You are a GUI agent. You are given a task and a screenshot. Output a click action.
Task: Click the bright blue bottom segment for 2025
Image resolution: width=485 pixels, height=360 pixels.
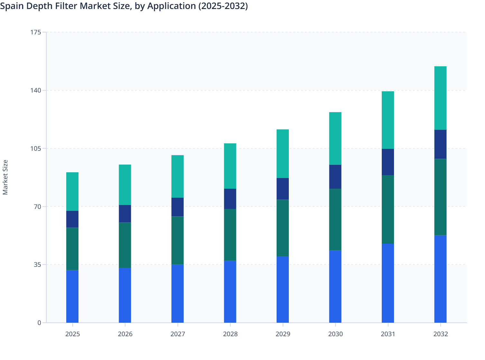[72, 296]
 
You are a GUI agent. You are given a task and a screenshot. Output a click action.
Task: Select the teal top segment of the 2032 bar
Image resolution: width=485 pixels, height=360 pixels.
[440, 98]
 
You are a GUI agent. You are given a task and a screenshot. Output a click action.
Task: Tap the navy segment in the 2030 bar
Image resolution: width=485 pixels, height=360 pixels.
[335, 177]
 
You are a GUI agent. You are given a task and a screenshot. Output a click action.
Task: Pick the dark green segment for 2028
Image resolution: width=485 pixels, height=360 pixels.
[230, 235]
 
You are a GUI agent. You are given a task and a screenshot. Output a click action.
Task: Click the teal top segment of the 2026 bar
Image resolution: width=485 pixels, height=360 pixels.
[125, 185]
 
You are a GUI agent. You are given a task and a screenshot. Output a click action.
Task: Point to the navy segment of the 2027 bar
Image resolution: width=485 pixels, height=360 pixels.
[178, 207]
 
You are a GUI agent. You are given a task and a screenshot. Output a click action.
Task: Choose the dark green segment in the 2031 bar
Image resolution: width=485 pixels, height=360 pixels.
[388, 209]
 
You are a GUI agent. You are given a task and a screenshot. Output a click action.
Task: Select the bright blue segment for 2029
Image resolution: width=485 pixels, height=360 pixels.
[282, 289]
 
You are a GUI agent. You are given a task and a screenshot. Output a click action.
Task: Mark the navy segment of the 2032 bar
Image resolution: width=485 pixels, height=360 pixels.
[440, 144]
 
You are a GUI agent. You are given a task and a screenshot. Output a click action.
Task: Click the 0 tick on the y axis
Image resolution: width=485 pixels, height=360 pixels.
[39, 323]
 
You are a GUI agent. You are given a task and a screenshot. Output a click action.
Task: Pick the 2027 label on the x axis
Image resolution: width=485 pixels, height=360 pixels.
[178, 334]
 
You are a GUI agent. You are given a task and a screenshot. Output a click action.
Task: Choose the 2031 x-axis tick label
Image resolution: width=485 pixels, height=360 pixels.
[388, 334]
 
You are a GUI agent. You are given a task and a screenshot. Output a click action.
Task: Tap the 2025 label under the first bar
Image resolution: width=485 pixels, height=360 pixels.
[72, 334]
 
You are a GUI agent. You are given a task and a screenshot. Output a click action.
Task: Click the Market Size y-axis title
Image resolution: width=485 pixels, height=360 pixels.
[5, 177]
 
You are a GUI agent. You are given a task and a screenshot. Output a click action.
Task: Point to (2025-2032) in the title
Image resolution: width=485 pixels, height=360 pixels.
[223, 6]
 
